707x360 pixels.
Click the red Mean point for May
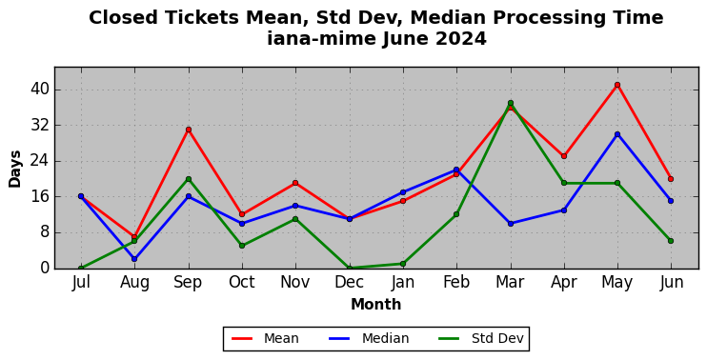[x=617, y=85]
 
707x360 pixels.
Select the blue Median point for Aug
[x=134, y=259]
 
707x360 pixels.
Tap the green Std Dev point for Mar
[x=511, y=103]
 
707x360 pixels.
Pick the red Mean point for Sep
[x=189, y=130]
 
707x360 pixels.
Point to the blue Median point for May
[x=617, y=134]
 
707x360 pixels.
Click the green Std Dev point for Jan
[x=403, y=264]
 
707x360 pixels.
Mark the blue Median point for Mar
[x=511, y=224]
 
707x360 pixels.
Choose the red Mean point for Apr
[x=564, y=156]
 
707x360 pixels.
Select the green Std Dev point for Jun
[x=671, y=241]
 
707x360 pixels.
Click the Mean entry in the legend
[x=265, y=338]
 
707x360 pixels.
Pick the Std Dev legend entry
[x=481, y=338]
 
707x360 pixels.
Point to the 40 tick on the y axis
[x=39, y=90]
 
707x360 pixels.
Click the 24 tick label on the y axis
[x=39, y=161]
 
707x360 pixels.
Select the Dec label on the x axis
[x=350, y=283]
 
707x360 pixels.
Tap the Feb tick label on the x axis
[x=456, y=283]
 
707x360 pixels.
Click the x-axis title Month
[x=376, y=305]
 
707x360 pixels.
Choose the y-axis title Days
[x=15, y=169]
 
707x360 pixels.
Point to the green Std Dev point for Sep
[x=189, y=179]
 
